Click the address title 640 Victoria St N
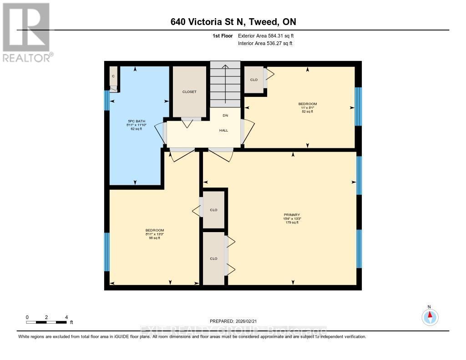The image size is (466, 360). click(233, 22)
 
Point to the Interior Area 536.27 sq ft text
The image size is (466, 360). click(265, 44)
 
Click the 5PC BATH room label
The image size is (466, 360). click(136, 121)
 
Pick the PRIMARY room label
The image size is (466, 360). click(292, 215)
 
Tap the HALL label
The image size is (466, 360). click(223, 130)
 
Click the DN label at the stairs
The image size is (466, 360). click(225, 116)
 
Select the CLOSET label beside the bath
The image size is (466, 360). click(189, 92)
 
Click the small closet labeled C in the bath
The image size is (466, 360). click(114, 76)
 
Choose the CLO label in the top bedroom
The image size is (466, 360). click(254, 80)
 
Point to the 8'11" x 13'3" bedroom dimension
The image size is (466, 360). click(154, 234)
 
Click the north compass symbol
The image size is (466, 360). click(430, 316)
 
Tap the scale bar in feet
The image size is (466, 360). click(46, 322)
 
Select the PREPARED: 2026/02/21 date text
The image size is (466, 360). click(233, 321)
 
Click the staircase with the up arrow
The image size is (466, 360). click(225, 84)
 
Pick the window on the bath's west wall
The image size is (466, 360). click(107, 101)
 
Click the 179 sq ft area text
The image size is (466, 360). click(292, 223)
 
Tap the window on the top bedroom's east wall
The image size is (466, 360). click(358, 106)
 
